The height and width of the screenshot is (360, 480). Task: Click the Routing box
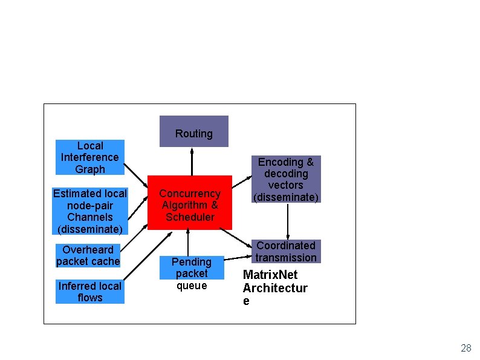(193, 131)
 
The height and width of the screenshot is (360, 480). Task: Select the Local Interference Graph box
(89, 157)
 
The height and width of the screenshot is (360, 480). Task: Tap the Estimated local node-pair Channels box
(90, 211)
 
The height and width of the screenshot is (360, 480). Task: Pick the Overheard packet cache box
(88, 255)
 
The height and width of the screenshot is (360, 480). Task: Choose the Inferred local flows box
(89, 292)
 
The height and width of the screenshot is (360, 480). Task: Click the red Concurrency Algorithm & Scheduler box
(190, 203)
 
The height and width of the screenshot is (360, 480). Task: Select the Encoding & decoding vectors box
(286, 179)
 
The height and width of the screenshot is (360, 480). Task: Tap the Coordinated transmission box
(286, 251)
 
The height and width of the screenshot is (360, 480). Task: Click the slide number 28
(465, 348)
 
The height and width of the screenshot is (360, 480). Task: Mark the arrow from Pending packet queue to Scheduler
(188, 242)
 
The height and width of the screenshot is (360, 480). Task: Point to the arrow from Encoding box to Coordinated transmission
(288, 221)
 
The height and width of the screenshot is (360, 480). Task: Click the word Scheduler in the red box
(190, 217)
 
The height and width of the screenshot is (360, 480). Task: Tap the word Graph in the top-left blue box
(90, 169)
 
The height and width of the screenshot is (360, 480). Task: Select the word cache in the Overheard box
(105, 261)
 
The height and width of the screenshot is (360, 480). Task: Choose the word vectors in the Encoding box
(286, 185)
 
